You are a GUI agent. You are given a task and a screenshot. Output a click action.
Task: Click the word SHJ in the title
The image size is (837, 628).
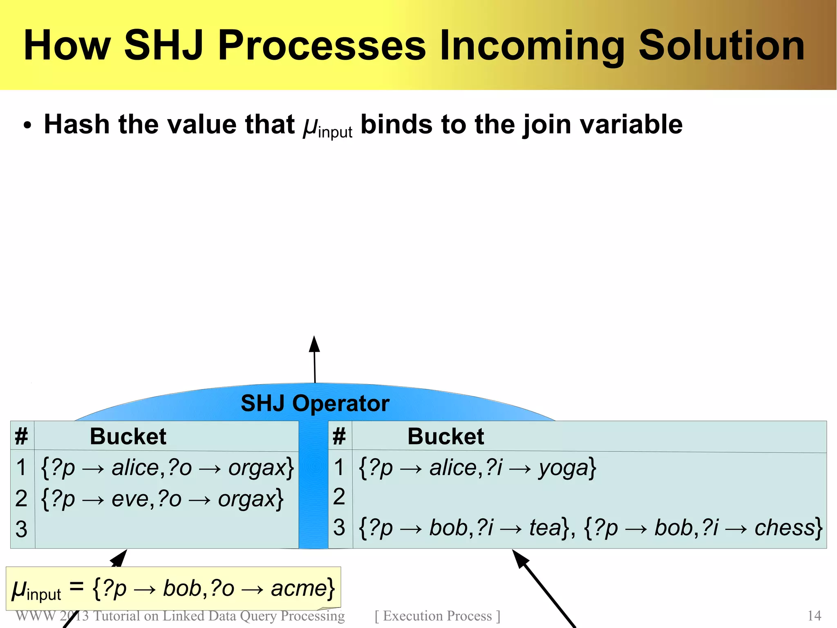click(x=163, y=45)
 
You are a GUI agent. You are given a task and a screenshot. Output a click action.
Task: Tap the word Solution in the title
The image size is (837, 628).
click(x=722, y=45)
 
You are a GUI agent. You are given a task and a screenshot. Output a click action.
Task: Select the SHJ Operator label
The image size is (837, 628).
click(x=315, y=403)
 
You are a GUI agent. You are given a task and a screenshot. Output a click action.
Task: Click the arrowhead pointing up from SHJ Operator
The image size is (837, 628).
click(x=314, y=344)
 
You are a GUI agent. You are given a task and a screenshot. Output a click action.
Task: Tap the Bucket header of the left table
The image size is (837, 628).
click(x=128, y=436)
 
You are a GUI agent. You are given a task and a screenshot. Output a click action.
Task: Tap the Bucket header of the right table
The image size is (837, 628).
click(x=445, y=436)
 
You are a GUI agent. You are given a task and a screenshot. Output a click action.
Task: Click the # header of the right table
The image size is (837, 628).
click(x=339, y=436)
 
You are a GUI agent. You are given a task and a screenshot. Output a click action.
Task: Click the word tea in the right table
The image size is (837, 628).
click(x=545, y=527)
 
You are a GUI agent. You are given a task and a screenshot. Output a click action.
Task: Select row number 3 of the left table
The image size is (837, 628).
click(x=21, y=529)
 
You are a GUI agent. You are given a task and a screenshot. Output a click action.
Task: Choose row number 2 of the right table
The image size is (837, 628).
click(x=339, y=497)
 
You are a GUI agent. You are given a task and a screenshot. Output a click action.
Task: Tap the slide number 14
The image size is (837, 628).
click(x=814, y=616)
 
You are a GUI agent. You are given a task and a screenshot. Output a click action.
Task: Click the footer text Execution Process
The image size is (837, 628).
click(x=437, y=616)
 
